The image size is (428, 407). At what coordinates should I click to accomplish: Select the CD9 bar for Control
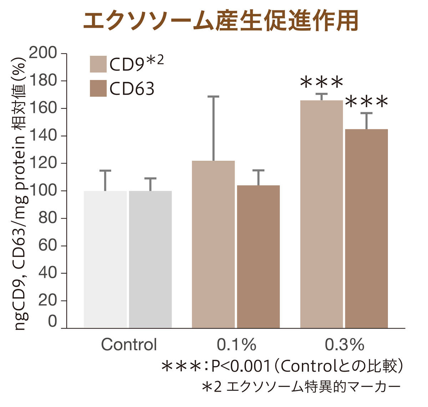pyautogui.click(x=105, y=259)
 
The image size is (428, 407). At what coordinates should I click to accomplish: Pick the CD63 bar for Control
pyautogui.click(x=150, y=259)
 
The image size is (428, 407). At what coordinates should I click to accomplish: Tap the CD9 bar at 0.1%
pyautogui.click(x=213, y=244)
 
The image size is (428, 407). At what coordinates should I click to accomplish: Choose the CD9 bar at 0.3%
pyautogui.click(x=321, y=214)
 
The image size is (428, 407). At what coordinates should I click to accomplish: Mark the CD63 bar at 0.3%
pyautogui.click(x=366, y=228)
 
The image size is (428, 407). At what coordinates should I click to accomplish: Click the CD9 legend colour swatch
pyautogui.click(x=98, y=64)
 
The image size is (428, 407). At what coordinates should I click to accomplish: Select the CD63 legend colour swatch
pyautogui.click(x=98, y=88)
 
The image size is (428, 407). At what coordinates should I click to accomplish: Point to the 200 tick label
pyautogui.click(x=43, y=54)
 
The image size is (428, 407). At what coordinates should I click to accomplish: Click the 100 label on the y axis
pyautogui.click(x=43, y=191)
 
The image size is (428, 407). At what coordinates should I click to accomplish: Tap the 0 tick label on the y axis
pyautogui.click(x=52, y=322)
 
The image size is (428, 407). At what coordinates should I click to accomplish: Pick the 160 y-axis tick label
pyautogui.click(x=43, y=109)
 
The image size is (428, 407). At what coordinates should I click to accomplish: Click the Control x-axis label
pyautogui.click(x=129, y=345)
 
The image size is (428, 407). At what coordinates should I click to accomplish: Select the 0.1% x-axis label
pyautogui.click(x=236, y=345)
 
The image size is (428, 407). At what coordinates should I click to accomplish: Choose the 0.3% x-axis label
pyautogui.click(x=344, y=345)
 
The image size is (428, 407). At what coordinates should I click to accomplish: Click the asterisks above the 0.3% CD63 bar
pyautogui.click(x=366, y=102)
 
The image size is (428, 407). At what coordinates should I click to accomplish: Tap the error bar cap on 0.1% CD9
pyautogui.click(x=213, y=96)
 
